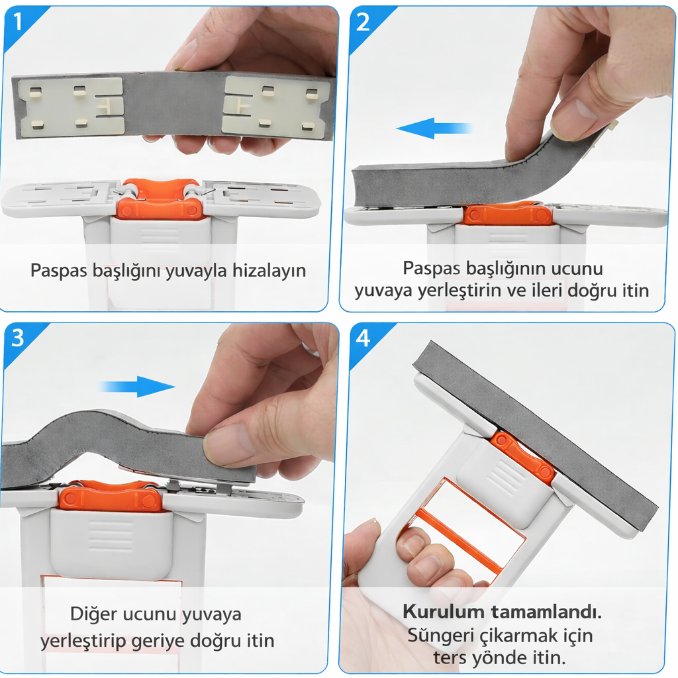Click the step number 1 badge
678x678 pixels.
[17, 22]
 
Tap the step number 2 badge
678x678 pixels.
[363, 22]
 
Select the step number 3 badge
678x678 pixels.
[17, 338]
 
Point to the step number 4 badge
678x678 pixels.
[363, 338]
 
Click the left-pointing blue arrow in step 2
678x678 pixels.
[434, 128]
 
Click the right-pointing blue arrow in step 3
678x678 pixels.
[138, 386]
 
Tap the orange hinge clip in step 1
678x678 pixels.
[160, 198]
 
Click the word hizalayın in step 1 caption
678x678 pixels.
[269, 271]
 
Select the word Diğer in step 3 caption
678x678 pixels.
[93, 614]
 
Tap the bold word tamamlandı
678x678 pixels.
[546, 612]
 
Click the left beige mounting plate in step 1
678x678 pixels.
[70, 107]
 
